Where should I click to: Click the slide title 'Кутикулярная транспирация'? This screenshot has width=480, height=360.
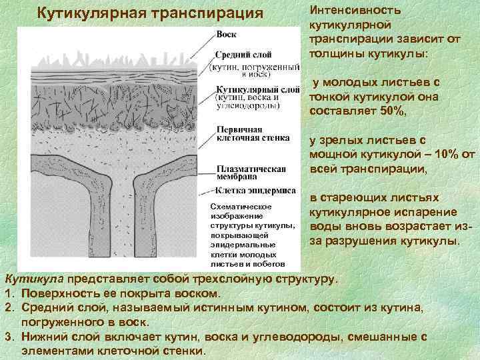coord(150,13)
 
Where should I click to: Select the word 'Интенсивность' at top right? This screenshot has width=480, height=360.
coord(354,11)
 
